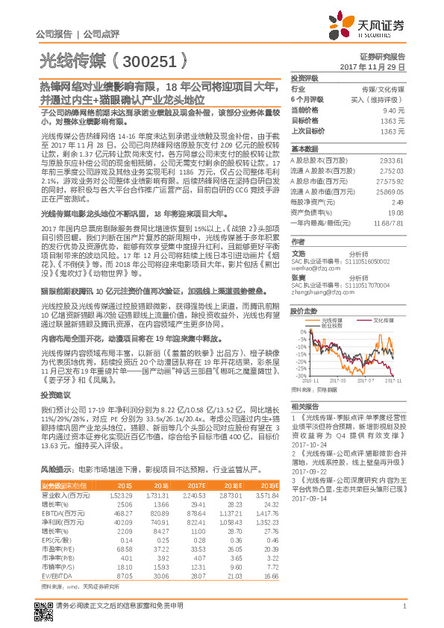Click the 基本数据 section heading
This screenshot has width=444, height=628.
[304, 148]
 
